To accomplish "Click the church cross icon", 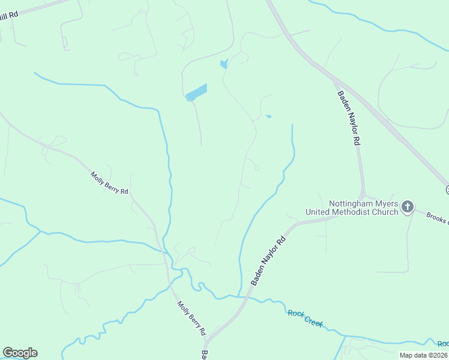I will click(x=408, y=207).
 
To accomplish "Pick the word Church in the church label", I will click(x=385, y=212).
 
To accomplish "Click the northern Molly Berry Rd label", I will click(x=110, y=183).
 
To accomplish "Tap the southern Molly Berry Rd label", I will click(x=191, y=318).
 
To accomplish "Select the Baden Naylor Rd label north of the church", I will click(x=348, y=118).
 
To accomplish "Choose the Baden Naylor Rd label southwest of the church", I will click(x=268, y=260).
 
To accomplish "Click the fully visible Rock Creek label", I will click(x=306, y=317).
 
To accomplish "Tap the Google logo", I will click(x=20, y=353).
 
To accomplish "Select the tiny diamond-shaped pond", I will click(x=268, y=116).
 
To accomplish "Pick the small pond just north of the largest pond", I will click(x=224, y=64).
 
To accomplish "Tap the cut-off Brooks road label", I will click(x=437, y=218).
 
